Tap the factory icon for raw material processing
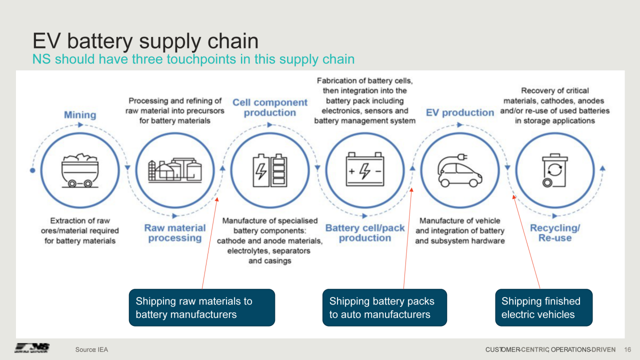pyautogui.click(x=174, y=170)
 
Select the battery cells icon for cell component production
pyautogui.click(x=270, y=170)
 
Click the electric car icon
pyautogui.click(x=460, y=170)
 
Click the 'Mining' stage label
pyautogui.click(x=80, y=115)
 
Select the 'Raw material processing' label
pyautogui.click(x=175, y=233)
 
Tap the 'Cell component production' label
pyautogui.click(x=270, y=107)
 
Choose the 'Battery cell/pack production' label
pyautogui.click(x=365, y=233)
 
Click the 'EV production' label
pyautogui.click(x=460, y=112)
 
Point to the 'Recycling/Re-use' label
pyautogui.click(x=555, y=233)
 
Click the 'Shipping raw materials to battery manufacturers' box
pyautogui.click(x=202, y=307)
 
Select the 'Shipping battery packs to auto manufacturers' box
pyautogui.click(x=384, y=307)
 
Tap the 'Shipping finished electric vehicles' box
pyautogui.click(x=543, y=307)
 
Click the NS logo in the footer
pyautogui.click(x=32, y=348)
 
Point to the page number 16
pyautogui.click(x=628, y=349)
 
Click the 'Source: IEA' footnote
pyautogui.click(x=91, y=349)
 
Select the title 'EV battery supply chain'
pyautogui.click(x=145, y=41)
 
